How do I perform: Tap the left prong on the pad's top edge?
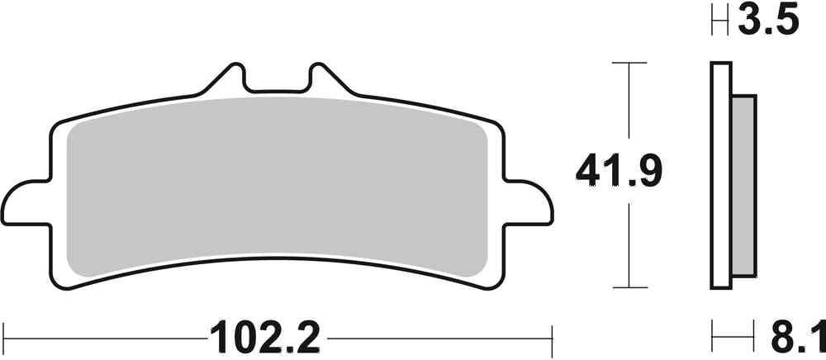[x=230, y=77]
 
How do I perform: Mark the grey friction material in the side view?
[x=743, y=186]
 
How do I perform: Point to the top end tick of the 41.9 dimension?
[x=630, y=62]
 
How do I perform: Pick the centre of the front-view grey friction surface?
[x=278, y=186]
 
